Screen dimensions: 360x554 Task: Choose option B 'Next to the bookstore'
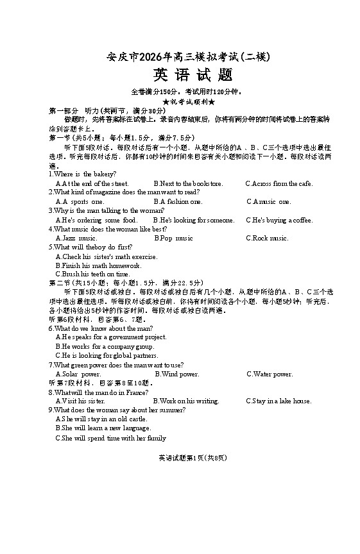(x=189, y=183)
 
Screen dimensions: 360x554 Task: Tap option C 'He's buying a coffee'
(x=279, y=220)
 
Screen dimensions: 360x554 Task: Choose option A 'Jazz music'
(x=76, y=238)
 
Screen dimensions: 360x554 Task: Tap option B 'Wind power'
(x=177, y=374)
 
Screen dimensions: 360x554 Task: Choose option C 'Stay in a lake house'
(x=279, y=401)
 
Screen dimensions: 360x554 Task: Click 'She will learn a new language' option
(x=103, y=428)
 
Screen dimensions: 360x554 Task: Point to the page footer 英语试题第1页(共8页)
(x=184, y=458)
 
